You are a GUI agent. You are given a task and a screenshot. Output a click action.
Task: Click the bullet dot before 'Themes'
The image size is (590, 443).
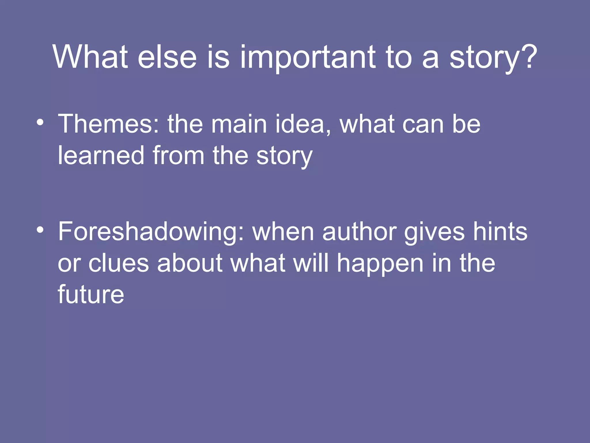pyautogui.click(x=40, y=122)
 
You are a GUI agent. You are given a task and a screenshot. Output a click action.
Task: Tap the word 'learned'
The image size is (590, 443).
pyautogui.click(x=101, y=156)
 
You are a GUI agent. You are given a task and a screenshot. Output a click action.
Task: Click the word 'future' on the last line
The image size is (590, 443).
pyautogui.click(x=91, y=294)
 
